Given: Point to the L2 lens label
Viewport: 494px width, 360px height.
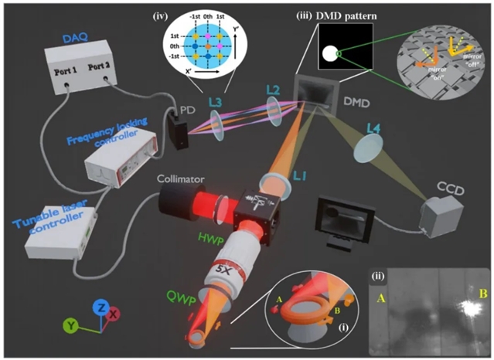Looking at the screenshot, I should (x=271, y=90).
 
